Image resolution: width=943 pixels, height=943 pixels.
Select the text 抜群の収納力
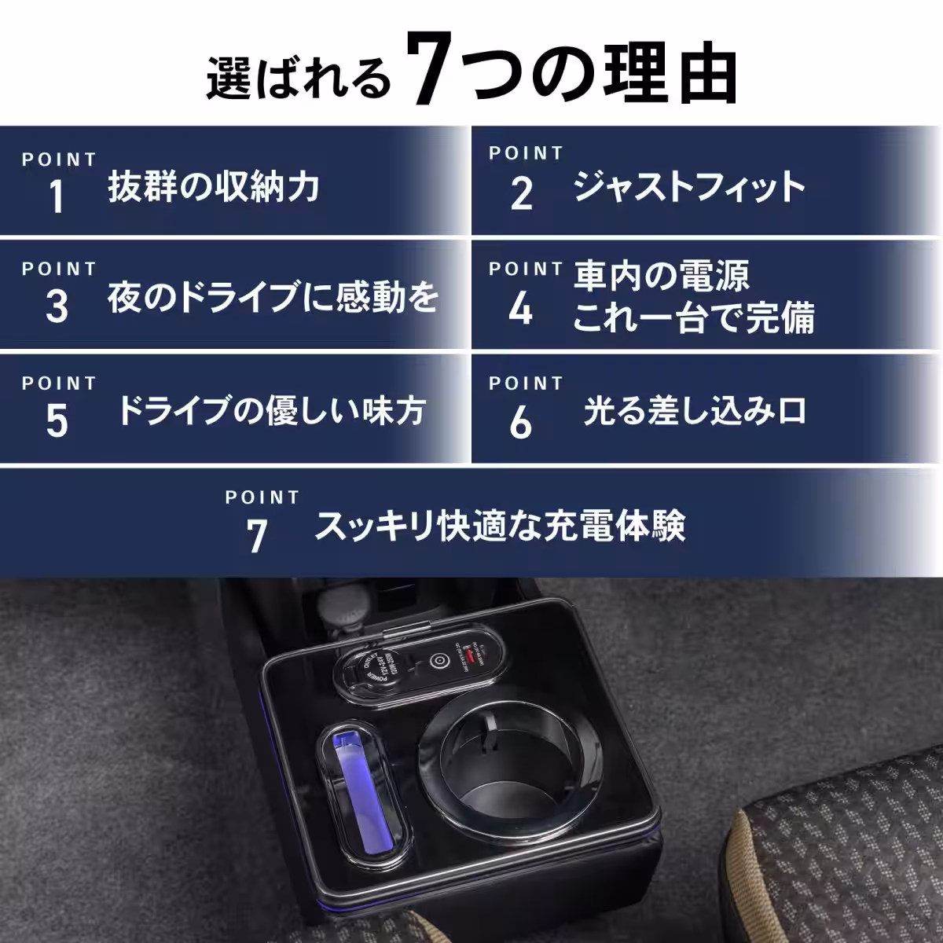tap(214, 188)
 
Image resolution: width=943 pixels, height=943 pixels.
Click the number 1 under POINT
tap(57, 196)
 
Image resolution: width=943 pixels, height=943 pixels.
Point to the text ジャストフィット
tap(689, 188)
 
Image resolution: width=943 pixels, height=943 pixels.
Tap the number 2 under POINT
tap(521, 194)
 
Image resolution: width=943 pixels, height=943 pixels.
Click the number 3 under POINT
tap(57, 306)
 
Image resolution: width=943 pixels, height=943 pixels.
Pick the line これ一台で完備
tap(693, 319)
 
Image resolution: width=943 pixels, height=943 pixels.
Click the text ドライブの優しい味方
tap(272, 411)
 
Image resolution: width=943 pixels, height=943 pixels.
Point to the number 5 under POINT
tap(57, 421)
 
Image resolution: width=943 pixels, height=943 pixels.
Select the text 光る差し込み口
tap(695, 411)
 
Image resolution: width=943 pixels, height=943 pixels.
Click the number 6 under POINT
tap(521, 424)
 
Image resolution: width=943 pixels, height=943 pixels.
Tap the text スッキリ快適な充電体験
tap(500, 527)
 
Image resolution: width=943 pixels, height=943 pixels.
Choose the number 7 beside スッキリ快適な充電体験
tap(257, 537)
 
